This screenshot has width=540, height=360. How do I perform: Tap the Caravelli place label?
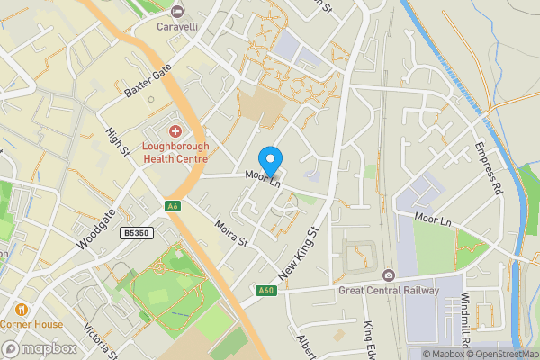[177, 26]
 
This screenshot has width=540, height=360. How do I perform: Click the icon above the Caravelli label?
[177, 11]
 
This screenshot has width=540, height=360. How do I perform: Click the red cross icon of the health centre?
[176, 131]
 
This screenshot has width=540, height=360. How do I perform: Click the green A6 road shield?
[173, 207]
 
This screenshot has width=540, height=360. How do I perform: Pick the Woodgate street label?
[96, 230]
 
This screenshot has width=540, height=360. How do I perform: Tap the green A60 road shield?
[265, 290]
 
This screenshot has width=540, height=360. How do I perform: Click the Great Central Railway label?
[389, 291]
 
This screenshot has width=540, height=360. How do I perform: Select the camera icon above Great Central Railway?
[388, 274]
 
